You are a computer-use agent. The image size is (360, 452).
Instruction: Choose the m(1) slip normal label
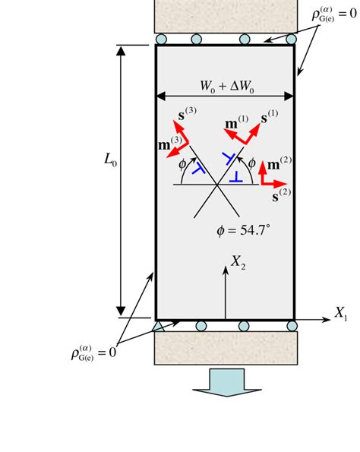click(x=238, y=123)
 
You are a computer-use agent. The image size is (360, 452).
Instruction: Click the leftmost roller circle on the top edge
click(x=162, y=40)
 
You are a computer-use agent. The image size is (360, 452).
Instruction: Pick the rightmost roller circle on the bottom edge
click(x=292, y=326)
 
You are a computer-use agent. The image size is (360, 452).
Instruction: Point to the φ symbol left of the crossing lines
click(x=182, y=163)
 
